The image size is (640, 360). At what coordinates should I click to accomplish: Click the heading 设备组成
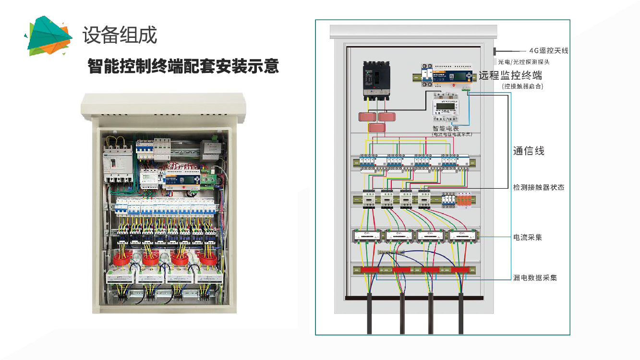pyautogui.click(x=120, y=35)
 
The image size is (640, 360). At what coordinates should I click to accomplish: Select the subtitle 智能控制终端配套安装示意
pyautogui.click(x=183, y=66)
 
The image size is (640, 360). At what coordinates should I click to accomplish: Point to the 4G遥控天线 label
pyautogui.click(x=549, y=50)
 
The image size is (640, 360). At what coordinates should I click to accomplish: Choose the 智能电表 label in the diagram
pyautogui.click(x=446, y=128)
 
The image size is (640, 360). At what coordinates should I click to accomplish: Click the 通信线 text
pyautogui.click(x=529, y=151)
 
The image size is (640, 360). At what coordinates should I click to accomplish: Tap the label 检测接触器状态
pyautogui.click(x=538, y=187)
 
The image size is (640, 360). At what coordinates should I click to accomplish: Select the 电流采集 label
pyautogui.click(x=528, y=237)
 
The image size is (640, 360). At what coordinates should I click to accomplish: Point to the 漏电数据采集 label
pyautogui.click(x=535, y=278)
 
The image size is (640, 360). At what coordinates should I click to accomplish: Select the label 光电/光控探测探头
pyautogui.click(x=524, y=62)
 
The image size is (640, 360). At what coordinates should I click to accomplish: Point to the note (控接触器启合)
pyautogui.click(x=522, y=86)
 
